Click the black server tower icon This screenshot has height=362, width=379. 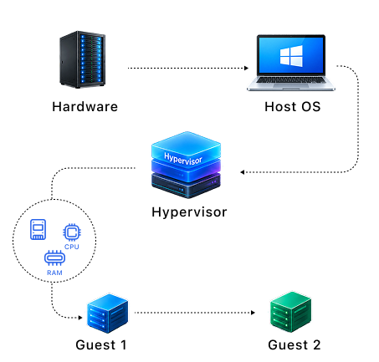pyautogui.click(x=83, y=59)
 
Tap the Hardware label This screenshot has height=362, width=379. pyautogui.click(x=85, y=107)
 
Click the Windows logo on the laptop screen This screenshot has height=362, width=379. pyautogui.click(x=291, y=56)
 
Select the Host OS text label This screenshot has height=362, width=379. pyautogui.click(x=293, y=107)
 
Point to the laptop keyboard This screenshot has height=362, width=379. pyautogui.click(x=291, y=80)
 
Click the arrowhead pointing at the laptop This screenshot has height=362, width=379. pyautogui.click(x=246, y=68)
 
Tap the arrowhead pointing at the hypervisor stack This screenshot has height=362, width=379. pyautogui.click(x=243, y=172)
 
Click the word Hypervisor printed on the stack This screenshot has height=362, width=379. pyautogui.click(x=183, y=159)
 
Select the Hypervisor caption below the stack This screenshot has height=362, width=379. pyautogui.click(x=189, y=212)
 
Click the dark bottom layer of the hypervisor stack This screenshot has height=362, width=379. pyautogui.click(x=186, y=186)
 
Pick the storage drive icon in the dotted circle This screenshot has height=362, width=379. pyautogui.click(x=38, y=229)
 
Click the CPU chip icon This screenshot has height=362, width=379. pyautogui.click(x=72, y=232)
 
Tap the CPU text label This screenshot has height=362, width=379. pyautogui.click(x=72, y=247)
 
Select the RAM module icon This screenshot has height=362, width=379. pyautogui.click(x=54, y=257)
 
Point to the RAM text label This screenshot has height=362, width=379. pyautogui.click(x=54, y=273)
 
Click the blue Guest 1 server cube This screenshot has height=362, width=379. pyautogui.click(x=107, y=314)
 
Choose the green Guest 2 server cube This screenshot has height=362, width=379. pyautogui.click(x=290, y=312)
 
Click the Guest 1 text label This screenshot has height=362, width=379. pyautogui.click(x=101, y=345)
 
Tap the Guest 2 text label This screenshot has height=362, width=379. pyautogui.click(x=294, y=345)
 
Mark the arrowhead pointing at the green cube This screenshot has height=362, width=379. pyautogui.click(x=253, y=313)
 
